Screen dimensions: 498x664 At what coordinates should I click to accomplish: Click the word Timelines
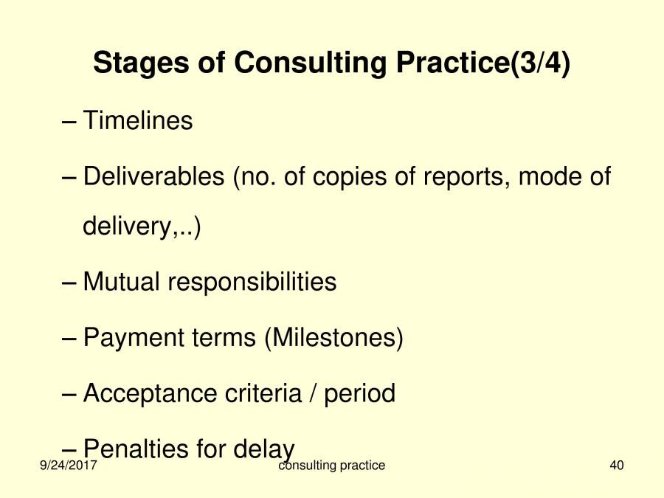138,120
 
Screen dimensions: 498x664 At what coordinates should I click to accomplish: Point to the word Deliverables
153,177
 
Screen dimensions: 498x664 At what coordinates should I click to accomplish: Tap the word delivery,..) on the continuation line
142,226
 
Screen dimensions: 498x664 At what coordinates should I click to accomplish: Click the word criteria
262,393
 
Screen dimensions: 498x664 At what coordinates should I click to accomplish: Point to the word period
359,393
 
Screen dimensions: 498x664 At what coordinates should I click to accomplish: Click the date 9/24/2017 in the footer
69,466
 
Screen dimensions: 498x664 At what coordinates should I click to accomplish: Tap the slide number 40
618,466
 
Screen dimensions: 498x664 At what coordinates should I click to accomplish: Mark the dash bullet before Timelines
69,121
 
